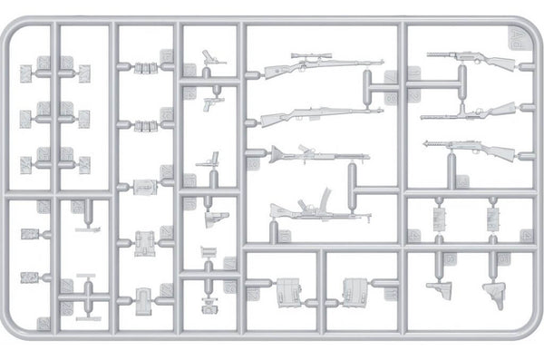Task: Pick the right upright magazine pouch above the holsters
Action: pos(494,219)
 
